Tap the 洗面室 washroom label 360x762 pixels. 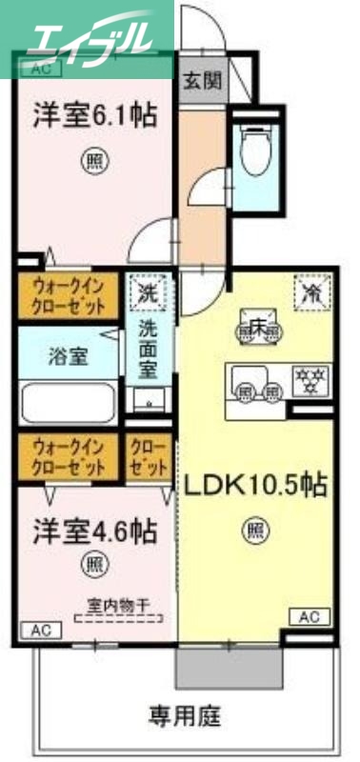[150, 351]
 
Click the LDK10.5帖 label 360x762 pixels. [255, 486]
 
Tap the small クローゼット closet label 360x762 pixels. [149, 454]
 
